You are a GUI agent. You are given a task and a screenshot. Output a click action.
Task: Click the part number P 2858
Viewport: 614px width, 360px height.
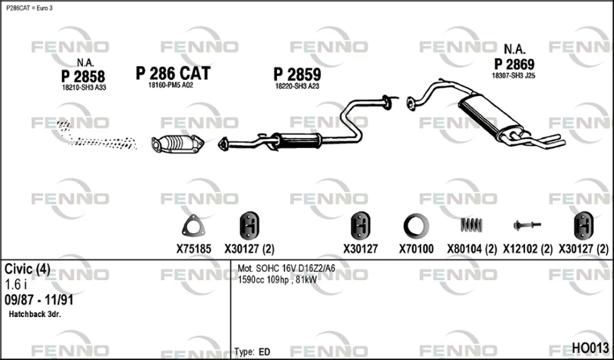coord(83,77)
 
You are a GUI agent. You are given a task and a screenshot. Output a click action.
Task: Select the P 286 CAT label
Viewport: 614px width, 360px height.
coord(173,73)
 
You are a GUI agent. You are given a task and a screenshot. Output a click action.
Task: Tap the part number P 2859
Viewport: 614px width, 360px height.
coord(297,74)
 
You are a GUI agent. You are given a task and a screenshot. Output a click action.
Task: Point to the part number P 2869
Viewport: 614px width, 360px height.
coord(514,64)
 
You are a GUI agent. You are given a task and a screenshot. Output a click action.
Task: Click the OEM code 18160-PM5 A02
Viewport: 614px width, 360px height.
coord(170,85)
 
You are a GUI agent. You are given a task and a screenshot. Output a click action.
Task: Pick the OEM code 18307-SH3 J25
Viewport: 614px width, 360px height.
coord(513,75)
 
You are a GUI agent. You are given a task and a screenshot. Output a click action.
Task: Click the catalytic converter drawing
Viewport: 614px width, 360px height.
coord(178,144)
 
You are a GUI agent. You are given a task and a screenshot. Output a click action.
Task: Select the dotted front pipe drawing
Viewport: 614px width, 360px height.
coord(97,137)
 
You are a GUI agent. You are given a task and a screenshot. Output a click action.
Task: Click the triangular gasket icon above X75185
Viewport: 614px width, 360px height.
coord(193,226)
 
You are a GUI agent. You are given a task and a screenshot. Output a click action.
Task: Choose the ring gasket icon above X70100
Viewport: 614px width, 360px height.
coord(416,226)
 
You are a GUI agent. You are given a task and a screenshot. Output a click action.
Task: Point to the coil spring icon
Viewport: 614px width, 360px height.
coord(471,225)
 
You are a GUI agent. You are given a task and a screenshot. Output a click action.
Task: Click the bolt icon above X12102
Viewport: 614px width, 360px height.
coord(527,225)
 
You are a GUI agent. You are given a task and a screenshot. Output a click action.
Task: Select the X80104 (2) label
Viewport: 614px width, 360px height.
coord(472,249)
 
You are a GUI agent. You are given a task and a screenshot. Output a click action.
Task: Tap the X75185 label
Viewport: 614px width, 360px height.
coord(193,249)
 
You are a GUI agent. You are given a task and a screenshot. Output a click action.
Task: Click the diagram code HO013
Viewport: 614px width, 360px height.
coord(590,348)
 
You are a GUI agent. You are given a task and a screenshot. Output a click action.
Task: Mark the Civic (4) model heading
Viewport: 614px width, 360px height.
coord(28,269)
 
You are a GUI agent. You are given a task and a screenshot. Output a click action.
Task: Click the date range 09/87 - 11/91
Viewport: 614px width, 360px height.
coord(39,300)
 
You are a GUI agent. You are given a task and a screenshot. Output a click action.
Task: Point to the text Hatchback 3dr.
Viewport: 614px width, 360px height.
coord(35,314)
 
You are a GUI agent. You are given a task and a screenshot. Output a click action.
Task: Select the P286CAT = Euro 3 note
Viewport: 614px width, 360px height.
coord(29,8)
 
